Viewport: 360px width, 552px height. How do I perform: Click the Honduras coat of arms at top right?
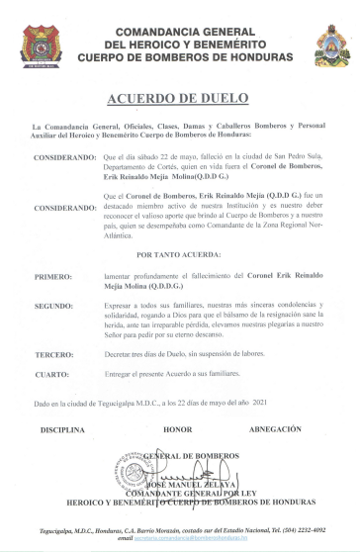(330, 46)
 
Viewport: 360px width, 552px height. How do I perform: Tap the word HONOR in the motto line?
(178, 430)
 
